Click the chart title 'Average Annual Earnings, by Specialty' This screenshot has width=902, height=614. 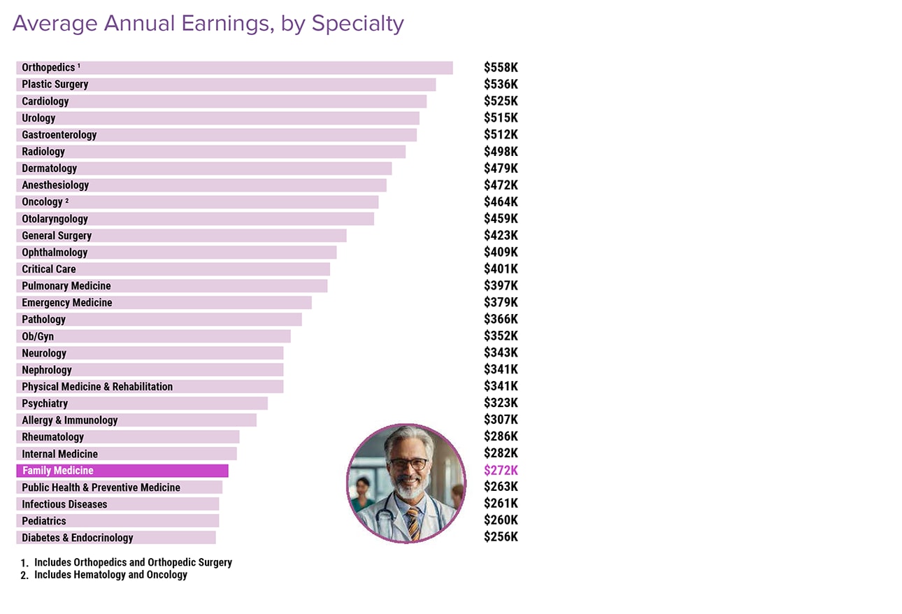point(208,24)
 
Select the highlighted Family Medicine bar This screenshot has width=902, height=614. point(122,471)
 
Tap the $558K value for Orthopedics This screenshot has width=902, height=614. point(501,68)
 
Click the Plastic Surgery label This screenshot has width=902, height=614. point(55,85)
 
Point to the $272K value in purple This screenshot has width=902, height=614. point(501,471)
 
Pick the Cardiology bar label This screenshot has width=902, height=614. point(45,101)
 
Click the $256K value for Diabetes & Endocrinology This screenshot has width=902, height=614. point(501,537)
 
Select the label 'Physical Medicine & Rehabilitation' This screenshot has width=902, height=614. point(97,387)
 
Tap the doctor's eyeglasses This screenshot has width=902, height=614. point(408,464)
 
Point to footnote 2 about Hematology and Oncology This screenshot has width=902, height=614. point(110,575)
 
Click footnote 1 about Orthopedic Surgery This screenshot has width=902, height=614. point(133,562)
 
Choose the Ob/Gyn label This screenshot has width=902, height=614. point(38,336)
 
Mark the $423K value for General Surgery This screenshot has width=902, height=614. point(501,236)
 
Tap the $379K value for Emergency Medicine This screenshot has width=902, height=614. point(501,302)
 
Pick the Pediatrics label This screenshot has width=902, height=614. point(44,521)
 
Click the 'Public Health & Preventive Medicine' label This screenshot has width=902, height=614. point(101,487)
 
